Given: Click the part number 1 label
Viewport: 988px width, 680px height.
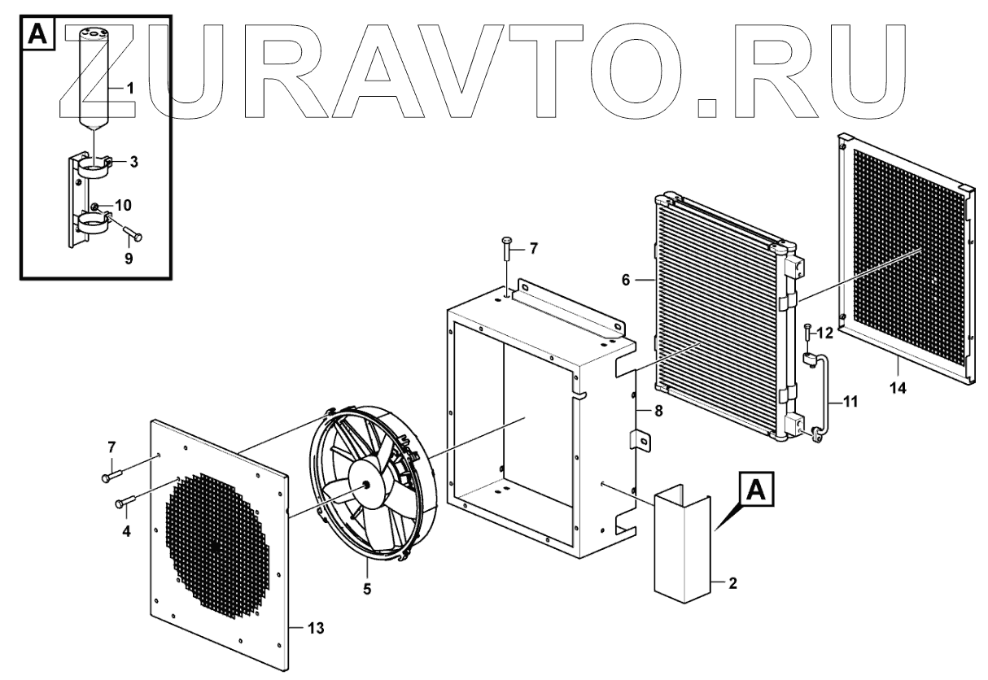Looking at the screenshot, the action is click(x=128, y=86).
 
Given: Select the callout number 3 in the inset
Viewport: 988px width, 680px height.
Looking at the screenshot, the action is click(x=133, y=162).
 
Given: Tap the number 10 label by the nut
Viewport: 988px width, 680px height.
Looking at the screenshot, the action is click(x=123, y=204).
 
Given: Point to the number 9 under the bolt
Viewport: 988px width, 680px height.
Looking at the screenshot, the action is click(x=129, y=259).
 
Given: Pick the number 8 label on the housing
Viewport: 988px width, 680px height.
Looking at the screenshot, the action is click(x=658, y=412).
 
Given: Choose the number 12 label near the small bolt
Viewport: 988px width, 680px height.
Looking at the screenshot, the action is click(x=825, y=333).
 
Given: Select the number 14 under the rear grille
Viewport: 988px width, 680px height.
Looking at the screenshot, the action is click(x=897, y=389).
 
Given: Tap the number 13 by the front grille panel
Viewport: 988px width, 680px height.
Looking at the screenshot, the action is click(x=316, y=627).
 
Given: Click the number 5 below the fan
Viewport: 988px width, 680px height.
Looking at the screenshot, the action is click(x=367, y=587).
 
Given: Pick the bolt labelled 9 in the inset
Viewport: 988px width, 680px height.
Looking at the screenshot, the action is click(x=133, y=236).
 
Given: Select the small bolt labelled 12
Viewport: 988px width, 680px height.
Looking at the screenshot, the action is click(x=807, y=333).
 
